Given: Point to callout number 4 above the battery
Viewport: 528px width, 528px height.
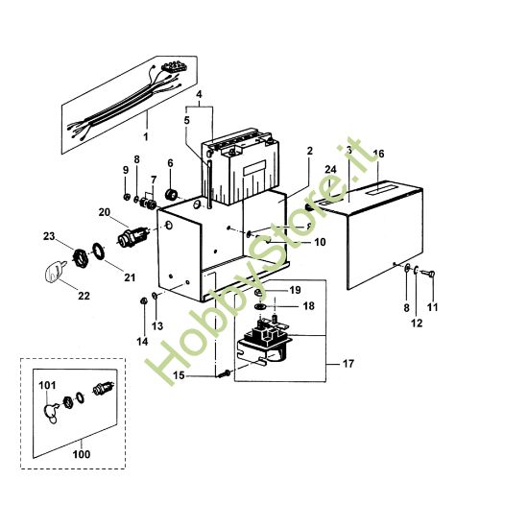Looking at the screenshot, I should point(200,95).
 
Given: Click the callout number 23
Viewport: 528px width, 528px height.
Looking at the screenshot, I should point(48,234).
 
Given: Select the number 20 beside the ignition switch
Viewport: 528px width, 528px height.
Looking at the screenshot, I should point(104,212).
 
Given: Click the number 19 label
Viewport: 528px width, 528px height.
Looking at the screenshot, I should point(296,289).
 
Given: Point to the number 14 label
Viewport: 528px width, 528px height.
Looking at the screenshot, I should point(141,341).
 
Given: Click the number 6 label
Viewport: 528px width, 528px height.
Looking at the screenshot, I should point(170,163).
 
